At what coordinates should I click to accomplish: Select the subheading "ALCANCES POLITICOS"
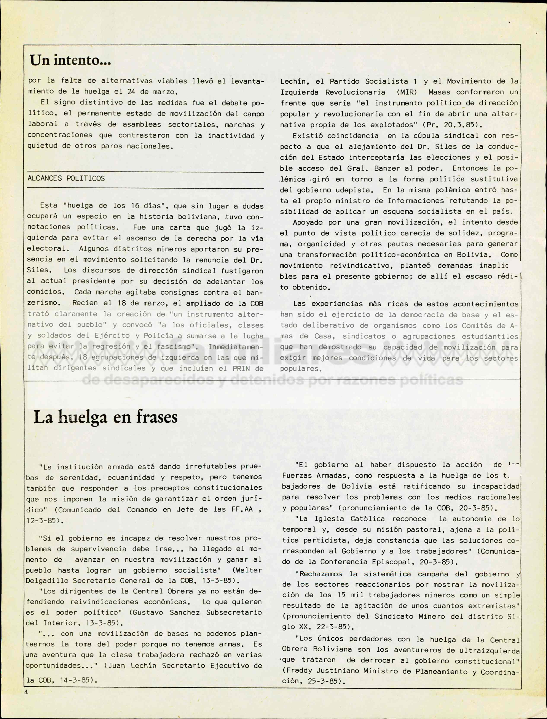click(66, 178)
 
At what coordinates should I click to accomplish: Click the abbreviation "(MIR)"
click(407, 92)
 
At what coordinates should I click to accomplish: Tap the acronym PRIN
click(242, 368)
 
